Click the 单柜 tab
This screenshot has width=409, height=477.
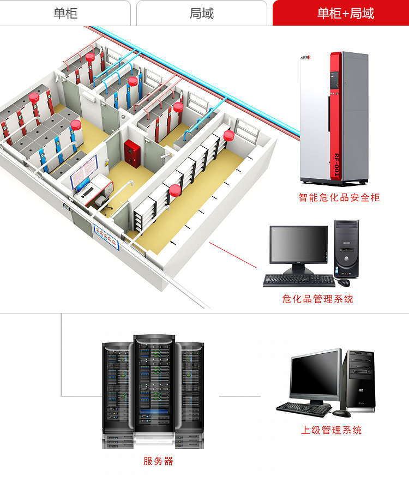pos(65,13)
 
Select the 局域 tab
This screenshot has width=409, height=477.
pos(201,13)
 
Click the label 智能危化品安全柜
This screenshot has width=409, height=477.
pos(339,197)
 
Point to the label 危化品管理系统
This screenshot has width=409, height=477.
pos(317,299)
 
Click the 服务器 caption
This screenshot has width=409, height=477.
pos(158,461)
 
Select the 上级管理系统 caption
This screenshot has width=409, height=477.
pos(332,430)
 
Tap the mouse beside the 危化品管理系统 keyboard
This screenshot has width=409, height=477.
pos(344,282)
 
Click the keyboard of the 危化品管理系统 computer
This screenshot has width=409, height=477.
pos(299,281)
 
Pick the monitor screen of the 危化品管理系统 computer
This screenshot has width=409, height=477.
pos(299,244)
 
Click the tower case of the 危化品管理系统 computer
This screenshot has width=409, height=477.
pos(346,248)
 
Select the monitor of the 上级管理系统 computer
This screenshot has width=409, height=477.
pos(316,375)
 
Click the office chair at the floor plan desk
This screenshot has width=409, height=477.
pos(100,201)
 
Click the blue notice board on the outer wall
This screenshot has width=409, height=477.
pos(106,236)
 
